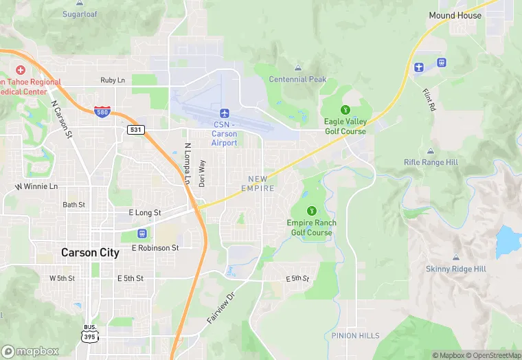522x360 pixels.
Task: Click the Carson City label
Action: click(90, 252)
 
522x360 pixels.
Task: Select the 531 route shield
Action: click(135, 129)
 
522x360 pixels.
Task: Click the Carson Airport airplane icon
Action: click(224, 113)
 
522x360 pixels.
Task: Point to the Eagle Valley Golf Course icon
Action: click(345, 110)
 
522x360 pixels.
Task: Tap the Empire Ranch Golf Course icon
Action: click(312, 211)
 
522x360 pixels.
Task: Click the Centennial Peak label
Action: click(297, 79)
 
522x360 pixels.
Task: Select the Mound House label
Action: click(455, 14)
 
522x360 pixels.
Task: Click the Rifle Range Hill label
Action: click(431, 162)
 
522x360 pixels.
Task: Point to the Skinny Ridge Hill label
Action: click(455, 269)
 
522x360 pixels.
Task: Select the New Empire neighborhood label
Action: click(258, 183)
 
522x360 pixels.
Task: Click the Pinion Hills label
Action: click(355, 335)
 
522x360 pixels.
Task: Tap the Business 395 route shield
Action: click(91, 333)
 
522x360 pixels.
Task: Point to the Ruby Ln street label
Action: click(113, 80)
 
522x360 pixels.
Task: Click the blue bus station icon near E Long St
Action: click(142, 233)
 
